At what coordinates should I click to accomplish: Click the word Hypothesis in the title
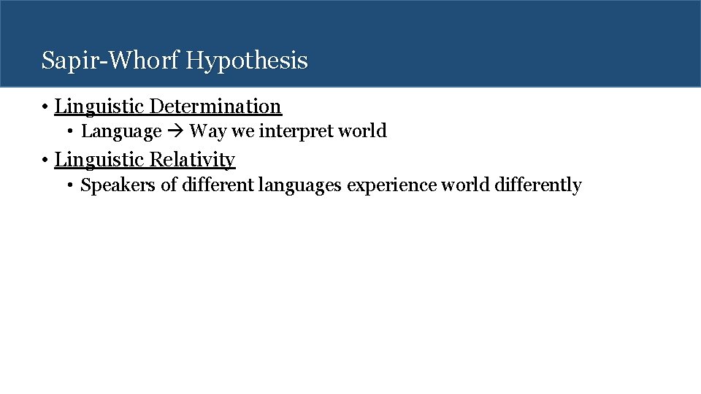[247, 61]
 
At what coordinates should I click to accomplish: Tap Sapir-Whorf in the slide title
[111, 60]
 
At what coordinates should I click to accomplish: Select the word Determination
[215, 107]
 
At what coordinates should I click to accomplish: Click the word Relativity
[192, 160]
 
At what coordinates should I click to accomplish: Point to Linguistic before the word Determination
[99, 107]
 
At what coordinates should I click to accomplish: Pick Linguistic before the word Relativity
[99, 160]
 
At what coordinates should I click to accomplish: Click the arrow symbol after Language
[175, 132]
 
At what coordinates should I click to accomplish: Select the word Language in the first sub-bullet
[121, 132]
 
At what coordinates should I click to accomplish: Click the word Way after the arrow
[207, 132]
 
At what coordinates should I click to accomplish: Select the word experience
[391, 185]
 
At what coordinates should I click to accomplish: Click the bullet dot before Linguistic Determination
[45, 107]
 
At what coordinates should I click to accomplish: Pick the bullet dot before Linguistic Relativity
[45, 161]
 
